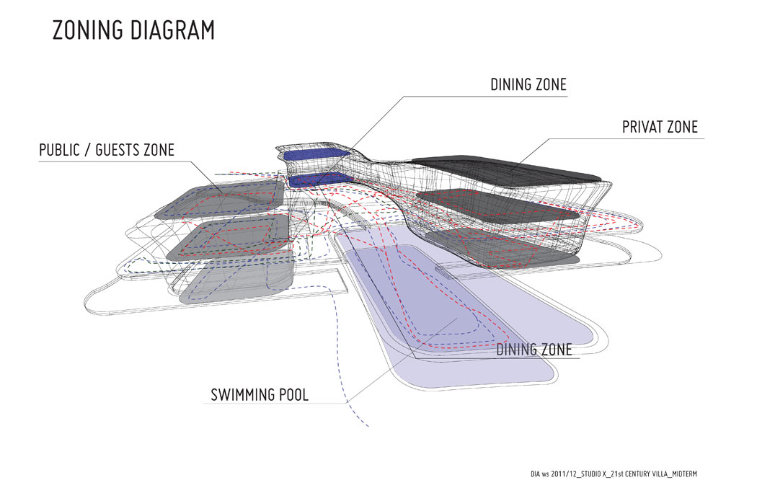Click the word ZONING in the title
(x=88, y=30)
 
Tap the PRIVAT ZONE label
(x=660, y=127)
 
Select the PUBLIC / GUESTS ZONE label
(x=107, y=150)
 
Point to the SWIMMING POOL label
(x=260, y=395)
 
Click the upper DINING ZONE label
(x=528, y=84)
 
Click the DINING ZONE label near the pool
(x=534, y=350)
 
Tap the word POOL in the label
(x=293, y=395)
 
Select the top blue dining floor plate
(x=316, y=154)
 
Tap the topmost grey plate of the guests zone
(x=220, y=200)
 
